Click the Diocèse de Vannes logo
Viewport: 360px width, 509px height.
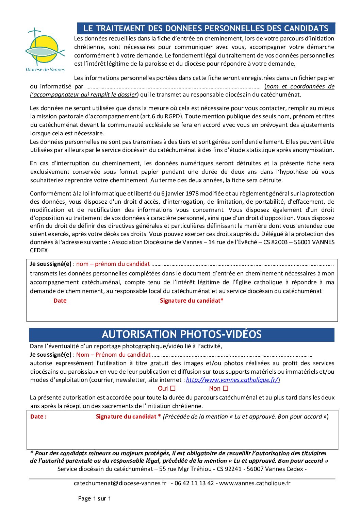[x=45, y=50]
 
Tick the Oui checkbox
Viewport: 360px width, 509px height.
[x=173, y=388]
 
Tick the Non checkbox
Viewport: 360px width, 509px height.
[x=225, y=388]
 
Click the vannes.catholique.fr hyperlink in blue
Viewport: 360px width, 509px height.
[x=233, y=380]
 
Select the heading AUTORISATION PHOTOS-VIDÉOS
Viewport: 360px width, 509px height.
[x=181, y=335]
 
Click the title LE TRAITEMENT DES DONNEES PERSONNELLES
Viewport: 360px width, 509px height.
[x=206, y=29]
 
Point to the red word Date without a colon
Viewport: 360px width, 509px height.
[x=60, y=301]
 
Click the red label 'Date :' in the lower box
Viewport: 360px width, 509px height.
[x=38, y=417]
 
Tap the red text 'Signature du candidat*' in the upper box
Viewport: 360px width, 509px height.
[x=192, y=301]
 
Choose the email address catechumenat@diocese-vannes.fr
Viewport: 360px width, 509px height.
[x=120, y=483]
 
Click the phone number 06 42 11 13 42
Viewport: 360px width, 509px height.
[x=194, y=483]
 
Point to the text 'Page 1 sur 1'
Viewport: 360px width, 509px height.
[x=95, y=498]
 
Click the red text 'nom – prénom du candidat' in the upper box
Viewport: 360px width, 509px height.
[x=113, y=264]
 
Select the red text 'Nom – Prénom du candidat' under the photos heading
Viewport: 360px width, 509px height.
[x=113, y=355]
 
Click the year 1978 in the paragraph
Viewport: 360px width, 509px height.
[x=192, y=193]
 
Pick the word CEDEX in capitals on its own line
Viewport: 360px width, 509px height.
[x=39, y=250]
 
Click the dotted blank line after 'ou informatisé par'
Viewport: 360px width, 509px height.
[x=174, y=87]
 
